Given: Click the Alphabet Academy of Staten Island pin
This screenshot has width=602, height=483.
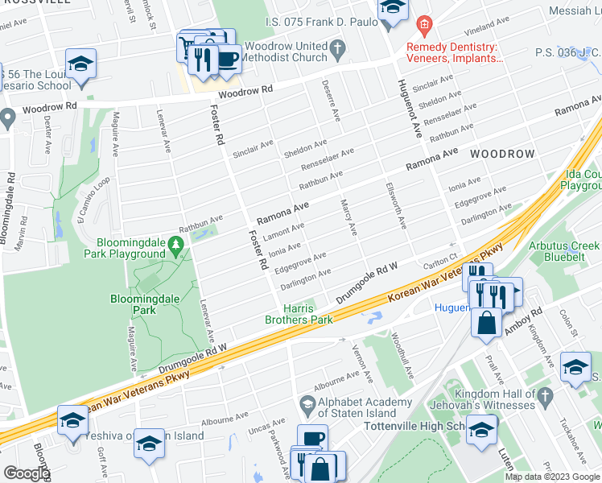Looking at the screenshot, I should click(307, 403).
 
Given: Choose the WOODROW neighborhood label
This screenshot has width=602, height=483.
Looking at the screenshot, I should click(502, 153).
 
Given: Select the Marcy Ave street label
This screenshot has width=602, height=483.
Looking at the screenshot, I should click(348, 217).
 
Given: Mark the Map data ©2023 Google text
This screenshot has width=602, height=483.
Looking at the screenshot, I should click(551, 477).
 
